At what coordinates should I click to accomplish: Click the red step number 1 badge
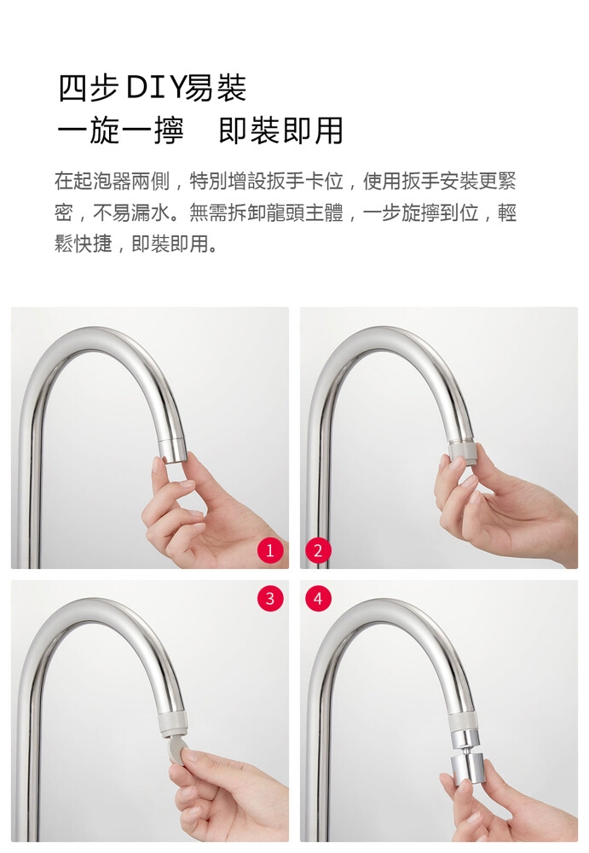pyautogui.click(x=270, y=551)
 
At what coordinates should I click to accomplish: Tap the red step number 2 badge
pyautogui.click(x=318, y=551)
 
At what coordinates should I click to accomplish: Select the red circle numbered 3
pyautogui.click(x=270, y=599)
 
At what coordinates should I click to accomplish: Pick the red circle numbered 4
pyautogui.click(x=318, y=599)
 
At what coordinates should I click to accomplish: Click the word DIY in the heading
pyautogui.click(x=155, y=89)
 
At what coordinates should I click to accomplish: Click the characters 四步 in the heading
pyautogui.click(x=88, y=89)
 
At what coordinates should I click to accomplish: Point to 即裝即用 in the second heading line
pyautogui.click(x=280, y=131)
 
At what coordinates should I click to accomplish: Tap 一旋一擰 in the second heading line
pyautogui.click(x=120, y=131)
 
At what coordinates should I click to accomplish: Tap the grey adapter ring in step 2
pyautogui.click(x=462, y=452)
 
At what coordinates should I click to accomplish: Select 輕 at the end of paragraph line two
pyautogui.click(x=507, y=212)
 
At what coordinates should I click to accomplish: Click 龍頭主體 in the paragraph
pyautogui.click(x=304, y=212)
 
